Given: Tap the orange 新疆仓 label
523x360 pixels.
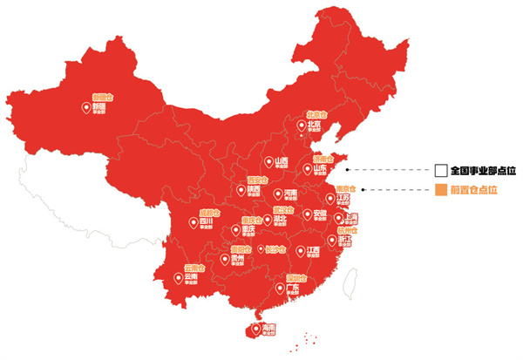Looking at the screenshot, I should pos(103,98).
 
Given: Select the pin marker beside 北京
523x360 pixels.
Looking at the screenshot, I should pos(302,125).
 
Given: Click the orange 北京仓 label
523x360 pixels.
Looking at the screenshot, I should pos(316,115).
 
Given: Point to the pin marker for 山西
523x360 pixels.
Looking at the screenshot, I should pos(268,162).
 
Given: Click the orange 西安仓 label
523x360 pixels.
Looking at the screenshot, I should pos(257,180).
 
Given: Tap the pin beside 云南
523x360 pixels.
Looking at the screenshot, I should pos(179,279).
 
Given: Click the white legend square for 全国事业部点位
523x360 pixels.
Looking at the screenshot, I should pos(441,170).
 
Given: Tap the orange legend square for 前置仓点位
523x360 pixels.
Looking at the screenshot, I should pos(441,190).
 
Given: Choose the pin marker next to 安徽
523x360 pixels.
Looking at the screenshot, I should pos(306,214).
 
